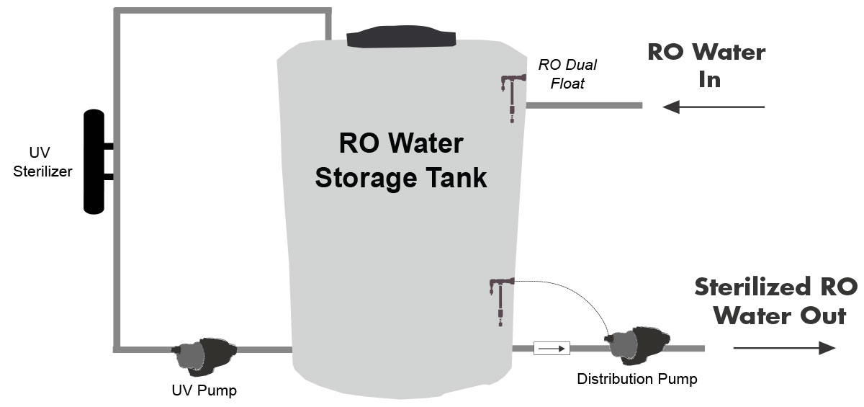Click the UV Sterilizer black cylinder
[94, 162]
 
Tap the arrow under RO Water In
[713, 107]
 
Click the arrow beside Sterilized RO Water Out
[784, 348]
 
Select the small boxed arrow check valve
[552, 349]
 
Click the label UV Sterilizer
[42, 165]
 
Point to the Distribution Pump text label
[636, 378]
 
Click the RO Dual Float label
[567, 74]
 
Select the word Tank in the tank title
[454, 177]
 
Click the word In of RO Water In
[709, 79]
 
